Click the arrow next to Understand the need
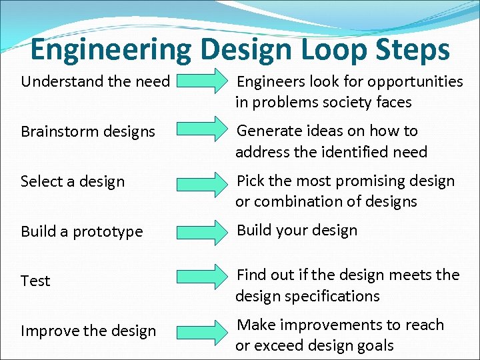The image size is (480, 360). (x=203, y=81)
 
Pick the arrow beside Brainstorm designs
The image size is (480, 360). (x=203, y=130)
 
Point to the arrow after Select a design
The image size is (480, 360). (x=203, y=181)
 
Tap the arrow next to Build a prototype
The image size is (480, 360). (x=203, y=231)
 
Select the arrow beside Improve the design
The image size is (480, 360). (x=203, y=330)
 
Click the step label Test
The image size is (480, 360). (x=35, y=281)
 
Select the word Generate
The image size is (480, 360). (x=269, y=131)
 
